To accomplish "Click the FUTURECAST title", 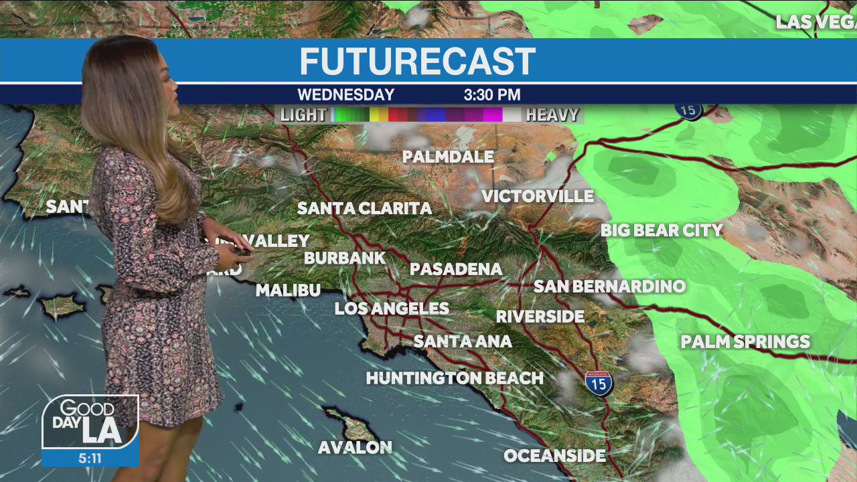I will (x=417, y=62).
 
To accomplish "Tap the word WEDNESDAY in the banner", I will (x=345, y=95).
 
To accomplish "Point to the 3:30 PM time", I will (x=492, y=95).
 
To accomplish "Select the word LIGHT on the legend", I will (x=303, y=115).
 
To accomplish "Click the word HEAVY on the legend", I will (x=552, y=115).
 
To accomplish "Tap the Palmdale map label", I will (x=448, y=157).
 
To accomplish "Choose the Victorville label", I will (x=538, y=196).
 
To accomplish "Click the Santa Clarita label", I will (x=364, y=208).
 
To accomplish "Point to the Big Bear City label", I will (x=661, y=230).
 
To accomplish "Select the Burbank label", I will (x=345, y=258).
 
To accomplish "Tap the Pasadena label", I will (x=456, y=269).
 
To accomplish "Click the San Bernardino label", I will (x=609, y=287).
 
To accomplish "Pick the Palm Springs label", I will (x=745, y=341).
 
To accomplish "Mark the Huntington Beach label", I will (x=455, y=378).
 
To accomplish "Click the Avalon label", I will (x=355, y=447).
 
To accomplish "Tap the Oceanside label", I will (x=554, y=456).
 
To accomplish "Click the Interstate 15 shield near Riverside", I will (x=599, y=382).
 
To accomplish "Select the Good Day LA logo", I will (x=90, y=422).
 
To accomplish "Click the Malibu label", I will (x=288, y=291).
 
